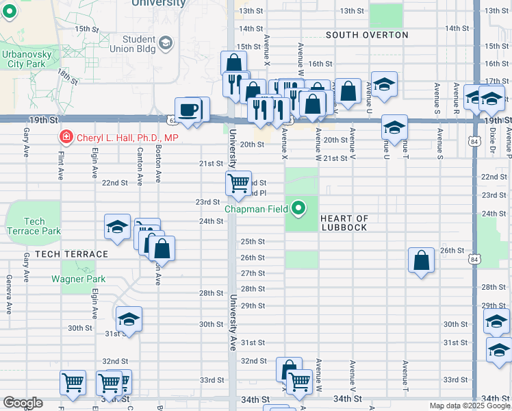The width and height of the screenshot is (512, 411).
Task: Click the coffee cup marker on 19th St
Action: (x=188, y=110)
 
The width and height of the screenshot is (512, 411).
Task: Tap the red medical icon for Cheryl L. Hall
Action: (x=66, y=138)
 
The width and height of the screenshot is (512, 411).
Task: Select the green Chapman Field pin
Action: (x=298, y=208)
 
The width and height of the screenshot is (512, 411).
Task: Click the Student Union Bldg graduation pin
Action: (x=166, y=45)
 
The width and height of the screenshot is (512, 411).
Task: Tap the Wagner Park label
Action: (x=79, y=279)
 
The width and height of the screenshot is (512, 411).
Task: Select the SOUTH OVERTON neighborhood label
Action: (x=367, y=35)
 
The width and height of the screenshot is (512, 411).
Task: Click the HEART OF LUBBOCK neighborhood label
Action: (x=344, y=223)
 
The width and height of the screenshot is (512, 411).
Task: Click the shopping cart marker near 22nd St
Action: (x=238, y=183)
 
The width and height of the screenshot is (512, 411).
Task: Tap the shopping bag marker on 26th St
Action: (x=421, y=260)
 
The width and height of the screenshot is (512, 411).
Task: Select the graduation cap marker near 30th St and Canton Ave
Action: (x=129, y=319)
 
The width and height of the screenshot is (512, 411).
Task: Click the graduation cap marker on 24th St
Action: (x=118, y=226)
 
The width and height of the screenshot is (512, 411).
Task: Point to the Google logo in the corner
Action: (x=23, y=403)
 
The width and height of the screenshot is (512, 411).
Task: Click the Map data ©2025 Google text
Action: (x=470, y=406)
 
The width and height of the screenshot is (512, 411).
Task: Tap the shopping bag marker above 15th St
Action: (x=233, y=64)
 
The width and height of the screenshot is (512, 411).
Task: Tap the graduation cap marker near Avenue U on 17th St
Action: (x=384, y=84)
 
